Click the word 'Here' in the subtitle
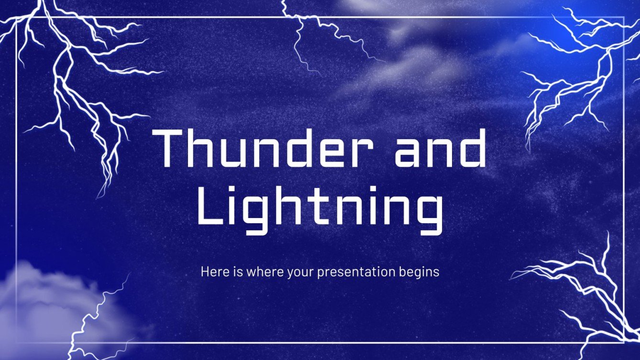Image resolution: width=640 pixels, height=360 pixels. (211, 272)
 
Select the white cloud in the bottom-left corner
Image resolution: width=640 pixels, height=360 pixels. (43, 301)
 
